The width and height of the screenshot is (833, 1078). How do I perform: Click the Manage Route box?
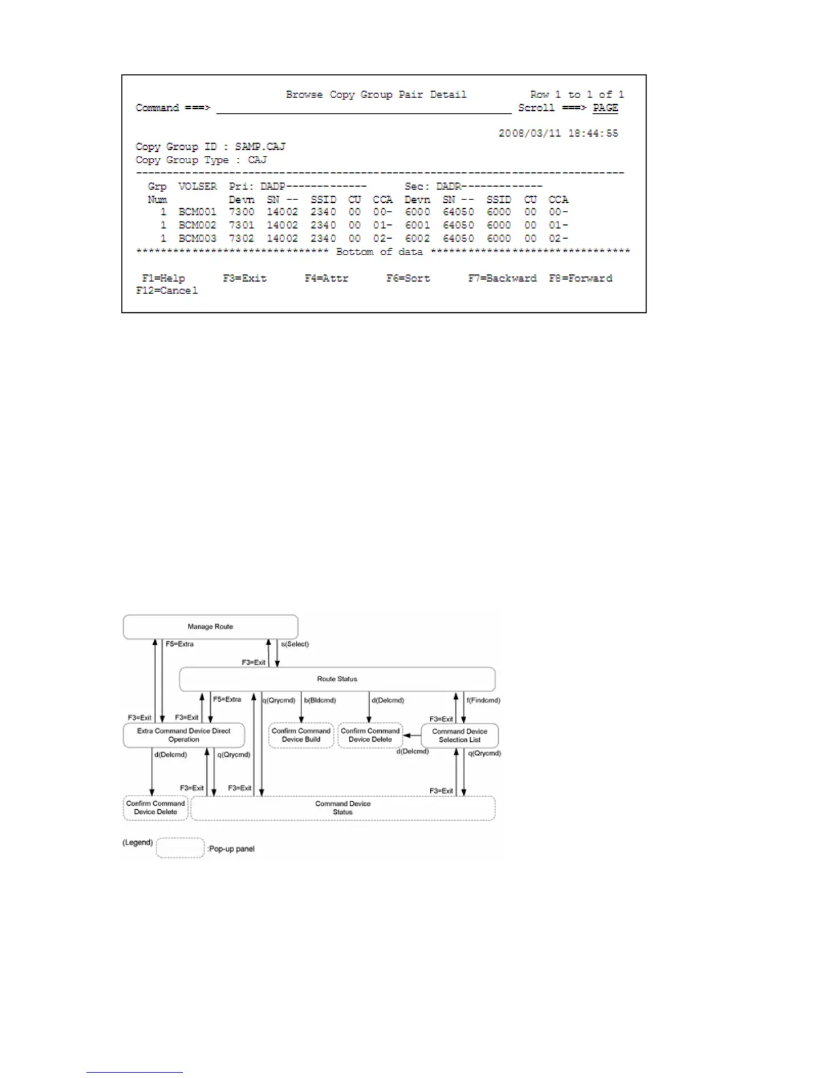tap(210, 627)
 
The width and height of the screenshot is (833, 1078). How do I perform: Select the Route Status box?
tap(337, 679)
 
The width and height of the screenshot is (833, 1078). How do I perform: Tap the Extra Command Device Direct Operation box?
tap(184, 735)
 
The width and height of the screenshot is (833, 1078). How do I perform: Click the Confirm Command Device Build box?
tap(301, 735)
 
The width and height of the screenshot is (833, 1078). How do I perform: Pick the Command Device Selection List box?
tap(459, 736)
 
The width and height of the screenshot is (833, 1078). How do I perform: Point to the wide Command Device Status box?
tap(342, 808)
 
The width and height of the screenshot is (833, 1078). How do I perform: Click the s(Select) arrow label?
tap(295, 644)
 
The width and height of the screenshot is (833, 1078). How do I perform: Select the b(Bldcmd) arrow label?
tap(320, 700)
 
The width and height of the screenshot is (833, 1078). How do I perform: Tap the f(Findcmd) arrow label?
tap(484, 700)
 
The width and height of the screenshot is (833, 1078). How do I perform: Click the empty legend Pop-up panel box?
tap(180, 848)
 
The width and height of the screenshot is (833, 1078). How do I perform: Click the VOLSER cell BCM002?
tap(197, 225)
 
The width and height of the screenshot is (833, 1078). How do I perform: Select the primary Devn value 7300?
tap(242, 212)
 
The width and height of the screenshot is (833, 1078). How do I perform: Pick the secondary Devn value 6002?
tap(417, 239)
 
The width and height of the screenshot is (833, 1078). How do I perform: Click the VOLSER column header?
tap(197, 186)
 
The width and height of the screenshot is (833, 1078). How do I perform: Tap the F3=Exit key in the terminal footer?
tap(244, 278)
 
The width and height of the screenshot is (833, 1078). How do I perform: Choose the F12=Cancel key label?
tap(167, 291)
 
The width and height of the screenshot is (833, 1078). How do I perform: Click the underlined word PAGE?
tap(605, 108)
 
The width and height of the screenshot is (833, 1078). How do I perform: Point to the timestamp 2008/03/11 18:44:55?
tap(558, 133)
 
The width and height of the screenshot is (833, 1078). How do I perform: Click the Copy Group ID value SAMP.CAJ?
tap(260, 146)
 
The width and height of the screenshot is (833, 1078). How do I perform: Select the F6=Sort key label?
tap(408, 278)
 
